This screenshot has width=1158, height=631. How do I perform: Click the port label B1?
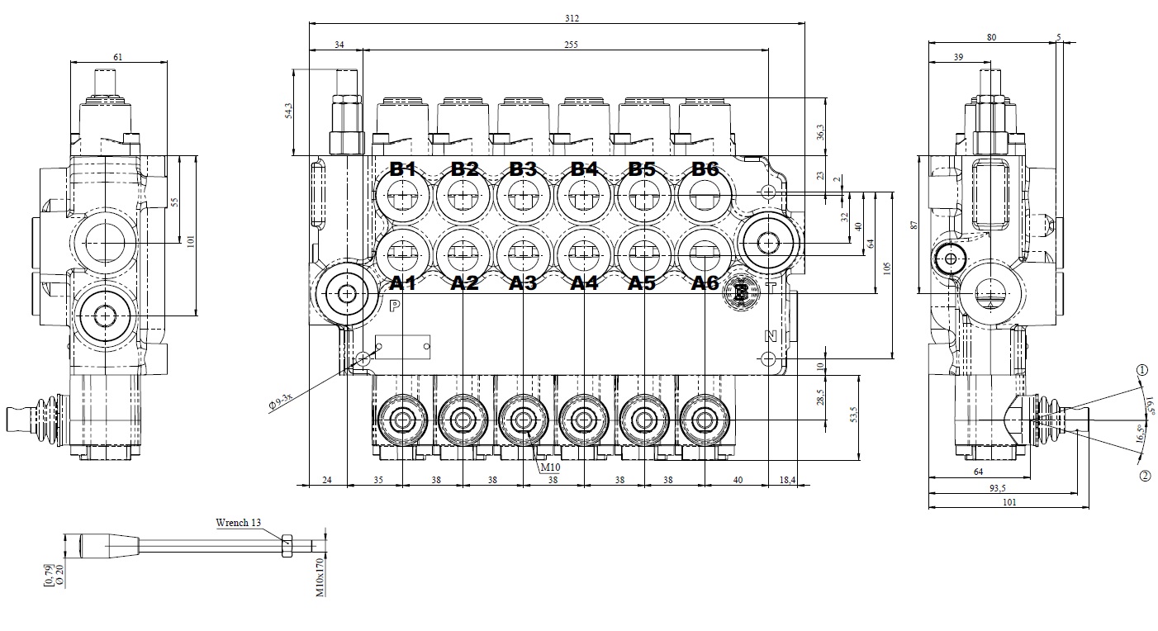click(402, 169)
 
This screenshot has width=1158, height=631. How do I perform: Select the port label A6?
click(705, 283)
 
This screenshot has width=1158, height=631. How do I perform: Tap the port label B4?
click(584, 169)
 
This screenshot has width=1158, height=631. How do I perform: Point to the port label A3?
click(523, 283)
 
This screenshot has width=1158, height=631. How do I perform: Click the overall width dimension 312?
click(572, 18)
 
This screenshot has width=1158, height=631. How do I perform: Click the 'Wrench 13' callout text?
click(238, 523)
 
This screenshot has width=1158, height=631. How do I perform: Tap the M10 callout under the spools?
click(550, 467)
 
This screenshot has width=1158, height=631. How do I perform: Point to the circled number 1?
click(1142, 371)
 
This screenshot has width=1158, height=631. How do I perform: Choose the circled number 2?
click(1144, 476)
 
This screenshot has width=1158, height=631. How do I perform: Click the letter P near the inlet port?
click(395, 305)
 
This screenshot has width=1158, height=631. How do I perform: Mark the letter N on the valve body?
click(770, 335)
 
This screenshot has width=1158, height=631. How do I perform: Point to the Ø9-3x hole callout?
click(282, 401)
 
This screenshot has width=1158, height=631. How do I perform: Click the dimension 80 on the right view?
click(992, 36)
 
